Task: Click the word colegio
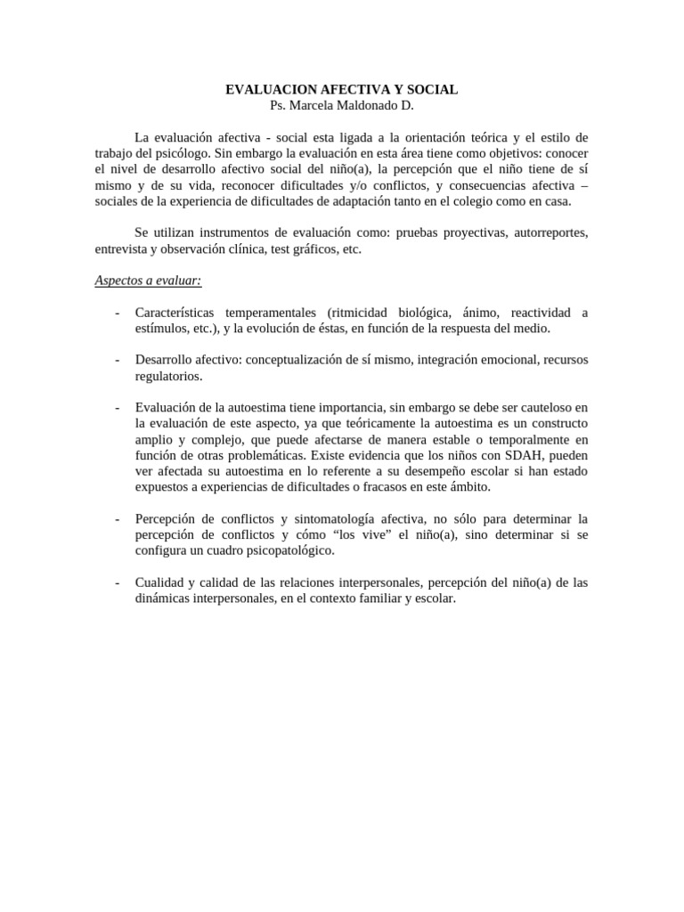coord(493,201)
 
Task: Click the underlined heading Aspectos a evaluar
coord(149,281)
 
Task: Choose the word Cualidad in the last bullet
coord(159,582)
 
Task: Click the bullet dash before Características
coord(118,313)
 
